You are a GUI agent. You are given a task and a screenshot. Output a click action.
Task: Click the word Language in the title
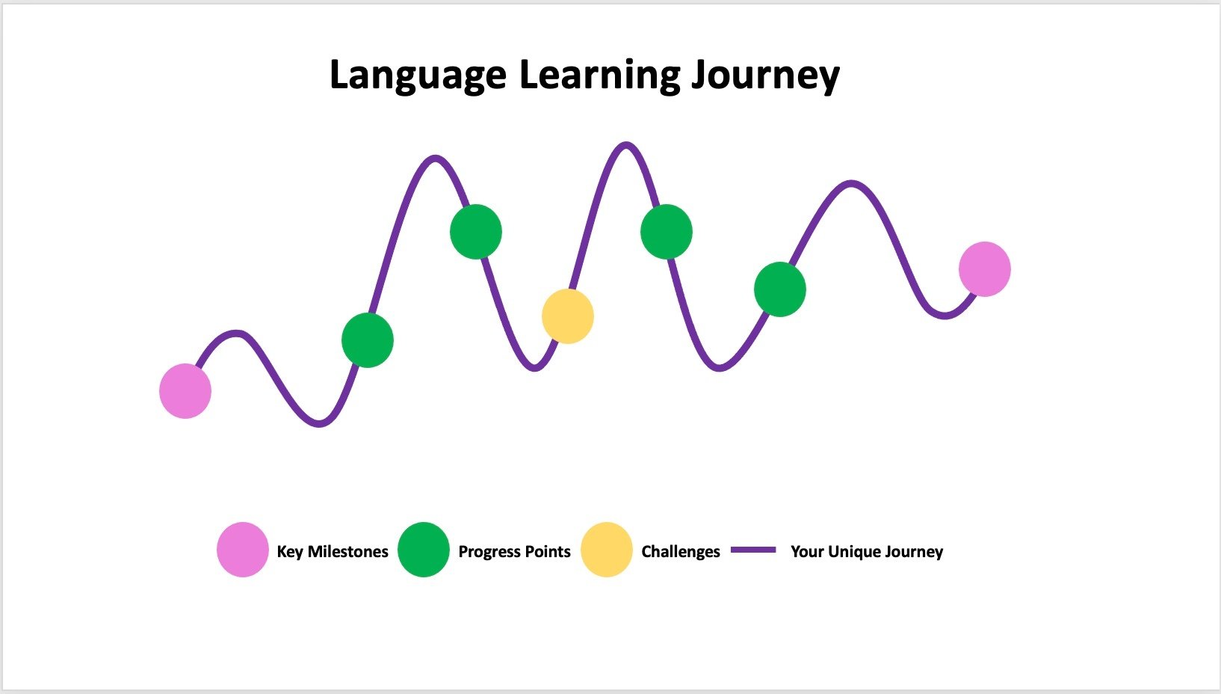(418, 76)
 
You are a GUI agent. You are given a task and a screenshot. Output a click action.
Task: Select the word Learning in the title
(599, 76)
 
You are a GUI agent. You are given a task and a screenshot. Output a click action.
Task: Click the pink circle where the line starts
(185, 391)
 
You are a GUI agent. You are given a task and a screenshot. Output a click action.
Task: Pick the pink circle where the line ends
(985, 269)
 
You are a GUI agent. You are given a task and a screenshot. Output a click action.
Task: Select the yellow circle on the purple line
(568, 316)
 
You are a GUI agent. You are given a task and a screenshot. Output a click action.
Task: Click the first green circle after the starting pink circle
(368, 340)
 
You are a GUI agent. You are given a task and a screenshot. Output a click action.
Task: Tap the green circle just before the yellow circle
(476, 232)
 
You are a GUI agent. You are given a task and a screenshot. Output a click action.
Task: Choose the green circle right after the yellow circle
(667, 232)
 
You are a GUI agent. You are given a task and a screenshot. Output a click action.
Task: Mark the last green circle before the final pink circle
(780, 289)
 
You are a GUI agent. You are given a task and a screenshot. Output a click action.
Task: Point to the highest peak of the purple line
(625, 145)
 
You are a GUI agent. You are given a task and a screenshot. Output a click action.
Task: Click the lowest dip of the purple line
(319, 423)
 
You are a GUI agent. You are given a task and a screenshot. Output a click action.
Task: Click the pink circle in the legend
(243, 550)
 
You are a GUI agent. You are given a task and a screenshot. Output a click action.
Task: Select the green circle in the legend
(424, 550)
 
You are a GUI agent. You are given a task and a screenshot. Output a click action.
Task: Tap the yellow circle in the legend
(607, 550)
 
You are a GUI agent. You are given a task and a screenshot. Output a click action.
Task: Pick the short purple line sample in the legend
(753, 550)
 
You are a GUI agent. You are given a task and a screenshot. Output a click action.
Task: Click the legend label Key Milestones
(333, 552)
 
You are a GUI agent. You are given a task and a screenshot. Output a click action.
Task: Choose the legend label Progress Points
(515, 552)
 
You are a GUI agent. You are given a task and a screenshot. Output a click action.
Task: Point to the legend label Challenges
(681, 552)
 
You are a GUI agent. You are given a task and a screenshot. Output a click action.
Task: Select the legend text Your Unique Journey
(867, 552)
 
